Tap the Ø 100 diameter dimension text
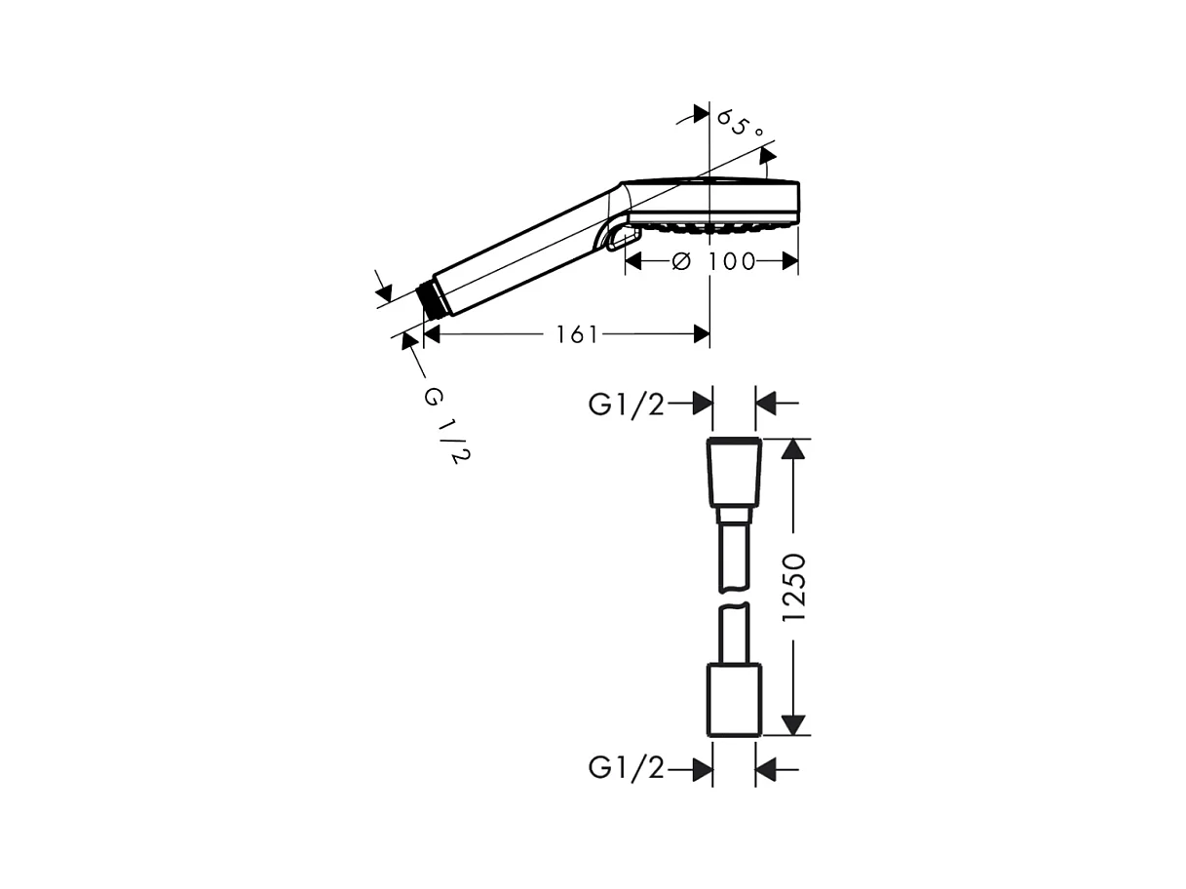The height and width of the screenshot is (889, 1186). [714, 261]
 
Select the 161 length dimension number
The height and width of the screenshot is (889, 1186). [577, 334]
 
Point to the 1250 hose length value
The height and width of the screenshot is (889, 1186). [795, 587]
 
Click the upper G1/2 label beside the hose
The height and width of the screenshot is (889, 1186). [627, 405]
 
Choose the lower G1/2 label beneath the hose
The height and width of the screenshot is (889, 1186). [627, 769]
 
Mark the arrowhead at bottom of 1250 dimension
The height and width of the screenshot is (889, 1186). [795, 724]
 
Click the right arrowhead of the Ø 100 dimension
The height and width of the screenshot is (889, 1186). [789, 261]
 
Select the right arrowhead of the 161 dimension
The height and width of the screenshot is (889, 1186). [701, 334]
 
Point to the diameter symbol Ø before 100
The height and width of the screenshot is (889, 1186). [681, 261]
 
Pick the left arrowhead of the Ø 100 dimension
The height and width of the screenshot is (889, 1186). [634, 261]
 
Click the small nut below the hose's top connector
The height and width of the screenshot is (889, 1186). [734, 516]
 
